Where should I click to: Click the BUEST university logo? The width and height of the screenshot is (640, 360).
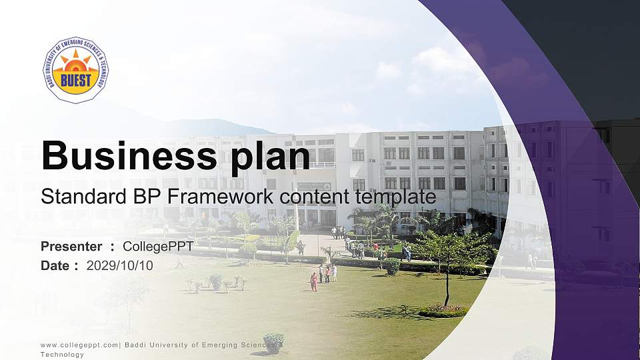75,69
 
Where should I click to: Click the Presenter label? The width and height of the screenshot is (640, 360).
71,247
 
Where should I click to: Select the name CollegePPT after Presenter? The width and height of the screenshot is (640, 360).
158,247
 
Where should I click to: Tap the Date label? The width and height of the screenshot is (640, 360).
55,265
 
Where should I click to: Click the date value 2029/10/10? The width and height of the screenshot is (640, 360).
120,265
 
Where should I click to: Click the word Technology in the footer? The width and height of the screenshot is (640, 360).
62,355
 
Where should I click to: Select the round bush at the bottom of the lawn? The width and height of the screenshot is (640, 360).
273,343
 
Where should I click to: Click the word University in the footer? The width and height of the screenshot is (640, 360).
163,345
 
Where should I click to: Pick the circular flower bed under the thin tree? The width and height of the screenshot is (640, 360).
443,310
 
